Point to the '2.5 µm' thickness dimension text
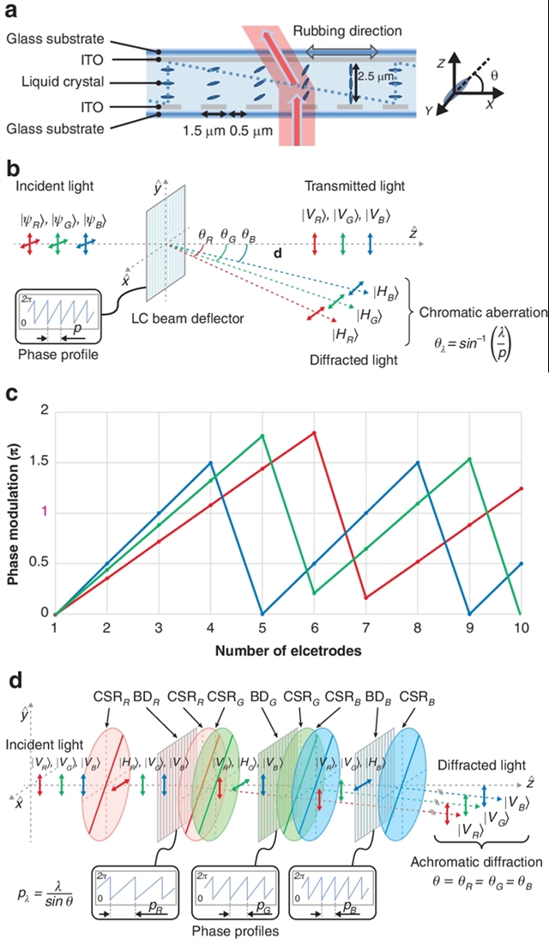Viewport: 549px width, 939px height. coord(383,75)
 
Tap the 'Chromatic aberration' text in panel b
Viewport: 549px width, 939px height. coord(483,312)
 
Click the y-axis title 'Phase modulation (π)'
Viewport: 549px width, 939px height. coord(15,512)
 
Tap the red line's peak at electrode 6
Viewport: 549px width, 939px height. coord(315,432)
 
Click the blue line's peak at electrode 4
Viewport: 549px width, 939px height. coord(210,463)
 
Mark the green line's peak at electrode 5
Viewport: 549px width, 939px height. coord(262,435)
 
